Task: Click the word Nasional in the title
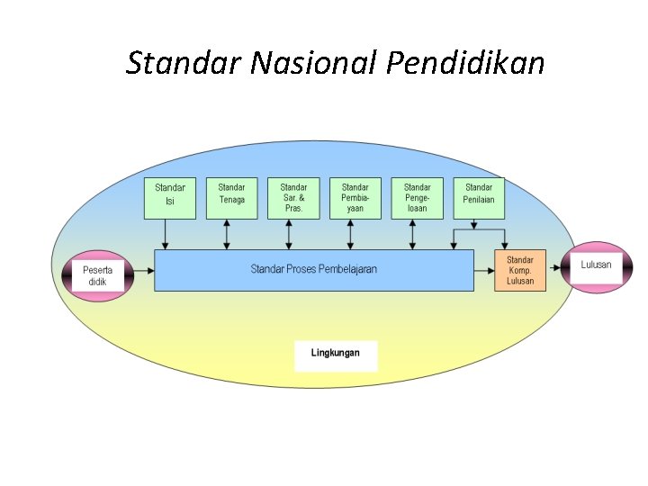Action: coord(316,64)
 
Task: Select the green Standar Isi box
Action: coord(170,198)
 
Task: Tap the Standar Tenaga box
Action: coord(232,198)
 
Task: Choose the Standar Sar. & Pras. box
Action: coord(293,198)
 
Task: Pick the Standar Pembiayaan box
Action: coord(355,198)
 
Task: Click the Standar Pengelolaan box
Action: coord(417,198)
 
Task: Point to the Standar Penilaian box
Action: coord(479,198)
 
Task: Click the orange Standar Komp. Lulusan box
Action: coord(520,270)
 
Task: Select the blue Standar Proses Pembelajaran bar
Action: coord(314,270)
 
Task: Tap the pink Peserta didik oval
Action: coord(97,275)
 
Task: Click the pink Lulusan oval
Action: coord(596,265)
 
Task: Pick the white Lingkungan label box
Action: coord(336,355)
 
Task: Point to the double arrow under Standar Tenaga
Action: coord(227,234)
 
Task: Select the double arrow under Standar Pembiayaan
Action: coord(350,234)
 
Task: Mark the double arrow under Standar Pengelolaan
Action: coord(412,234)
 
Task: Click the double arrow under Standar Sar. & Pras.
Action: coord(288,234)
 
